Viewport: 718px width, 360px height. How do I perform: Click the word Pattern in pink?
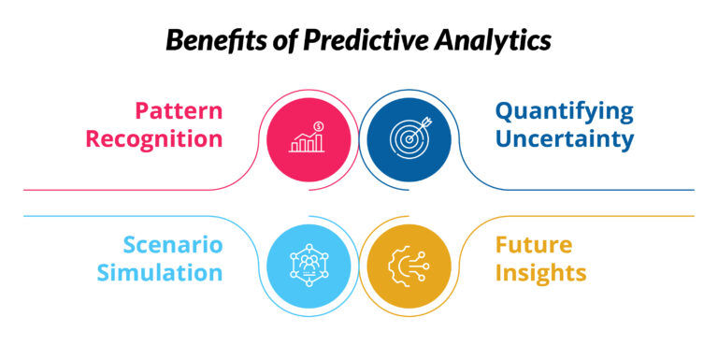click(179, 111)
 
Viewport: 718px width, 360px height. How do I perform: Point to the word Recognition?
click(154, 139)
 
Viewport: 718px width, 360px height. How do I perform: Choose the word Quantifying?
click(564, 111)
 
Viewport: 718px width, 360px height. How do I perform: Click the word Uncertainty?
click(565, 139)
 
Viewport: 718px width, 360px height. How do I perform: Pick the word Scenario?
click(173, 245)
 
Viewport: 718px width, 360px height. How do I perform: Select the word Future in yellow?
click(534, 245)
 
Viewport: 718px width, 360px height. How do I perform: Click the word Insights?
click(540, 273)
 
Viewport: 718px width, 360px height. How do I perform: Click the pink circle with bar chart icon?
click(309, 139)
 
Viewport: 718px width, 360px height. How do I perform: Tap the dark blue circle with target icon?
click(409, 139)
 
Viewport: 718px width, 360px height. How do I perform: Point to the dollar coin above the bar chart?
click(320, 125)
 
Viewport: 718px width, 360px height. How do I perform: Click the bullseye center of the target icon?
click(407, 141)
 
